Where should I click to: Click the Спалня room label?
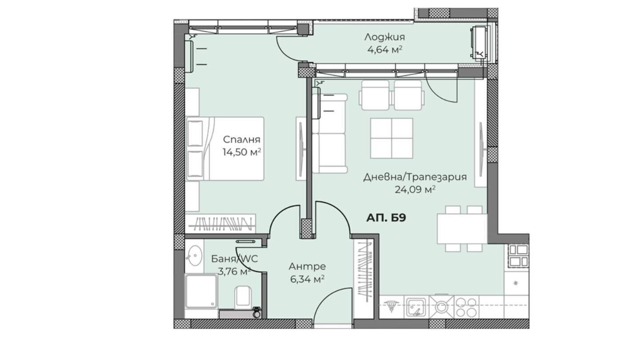[x=241, y=140]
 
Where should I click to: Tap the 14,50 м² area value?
[x=242, y=152]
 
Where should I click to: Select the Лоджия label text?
[x=384, y=37]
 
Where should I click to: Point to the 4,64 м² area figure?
[x=384, y=50]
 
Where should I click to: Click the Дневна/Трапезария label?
[x=415, y=177]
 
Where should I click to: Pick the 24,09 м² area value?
[x=415, y=189]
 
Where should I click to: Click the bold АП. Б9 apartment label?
[x=386, y=218]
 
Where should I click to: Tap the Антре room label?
[x=307, y=267]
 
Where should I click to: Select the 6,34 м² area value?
[x=307, y=279]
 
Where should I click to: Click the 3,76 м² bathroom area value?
[x=234, y=271]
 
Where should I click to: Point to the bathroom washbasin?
[x=195, y=256]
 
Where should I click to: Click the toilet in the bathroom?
[x=243, y=296]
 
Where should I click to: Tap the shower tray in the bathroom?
[x=201, y=291]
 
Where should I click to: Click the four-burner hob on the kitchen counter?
[x=466, y=307]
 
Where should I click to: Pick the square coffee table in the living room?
[x=392, y=138]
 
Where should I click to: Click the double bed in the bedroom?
[x=225, y=148]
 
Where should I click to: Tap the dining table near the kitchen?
[x=462, y=229]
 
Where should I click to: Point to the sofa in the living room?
[x=329, y=133]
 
